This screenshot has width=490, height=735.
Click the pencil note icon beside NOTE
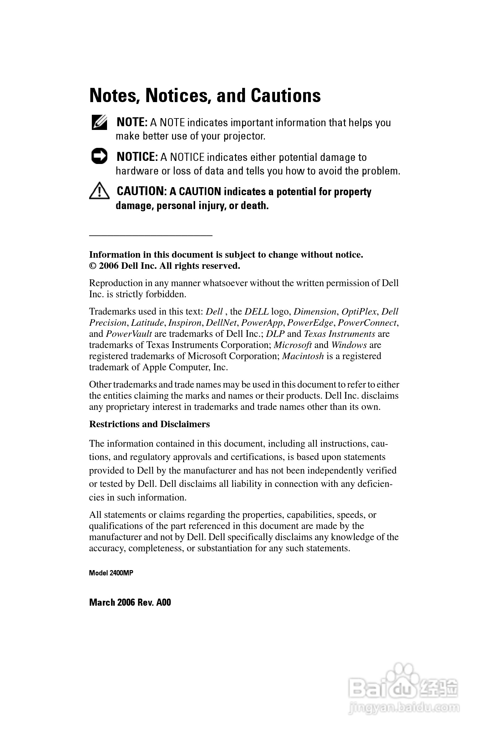(x=99, y=123)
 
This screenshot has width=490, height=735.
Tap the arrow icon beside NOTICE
(x=99, y=156)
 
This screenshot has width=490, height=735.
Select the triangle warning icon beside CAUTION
(x=99, y=191)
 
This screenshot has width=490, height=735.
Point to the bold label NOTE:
(x=131, y=123)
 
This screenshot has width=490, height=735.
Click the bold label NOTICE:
(x=137, y=157)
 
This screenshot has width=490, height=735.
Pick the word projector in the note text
(x=244, y=136)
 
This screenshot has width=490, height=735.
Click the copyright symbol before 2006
(x=93, y=266)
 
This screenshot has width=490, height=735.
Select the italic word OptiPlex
(x=359, y=312)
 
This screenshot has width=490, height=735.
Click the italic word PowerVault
(x=129, y=334)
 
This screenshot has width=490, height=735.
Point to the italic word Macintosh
(x=303, y=356)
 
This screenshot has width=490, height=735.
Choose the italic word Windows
(x=349, y=345)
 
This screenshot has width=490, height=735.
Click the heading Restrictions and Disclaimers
(x=149, y=424)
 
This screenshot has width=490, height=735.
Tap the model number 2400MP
(x=121, y=573)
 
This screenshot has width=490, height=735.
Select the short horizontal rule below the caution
(x=151, y=235)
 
